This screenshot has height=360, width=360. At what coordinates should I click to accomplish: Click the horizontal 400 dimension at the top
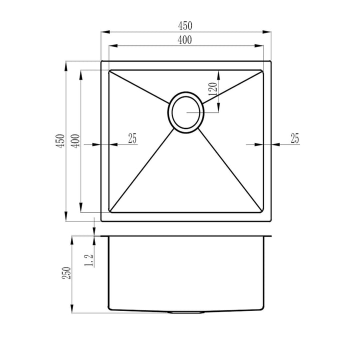pos(185,40)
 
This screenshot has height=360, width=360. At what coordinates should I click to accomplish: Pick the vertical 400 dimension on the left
pos(75,141)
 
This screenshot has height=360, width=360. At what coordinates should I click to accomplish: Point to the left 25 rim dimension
pos(131,138)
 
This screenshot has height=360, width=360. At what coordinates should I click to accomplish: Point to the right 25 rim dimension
pos(294,138)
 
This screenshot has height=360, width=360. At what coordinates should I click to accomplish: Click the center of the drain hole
pos(186,112)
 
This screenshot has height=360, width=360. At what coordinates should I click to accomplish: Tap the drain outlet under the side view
pos(186,312)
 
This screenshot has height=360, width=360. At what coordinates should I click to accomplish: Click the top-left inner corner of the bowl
pos(110,70)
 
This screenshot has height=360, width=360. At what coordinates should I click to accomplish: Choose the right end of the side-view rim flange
pos(270,236)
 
